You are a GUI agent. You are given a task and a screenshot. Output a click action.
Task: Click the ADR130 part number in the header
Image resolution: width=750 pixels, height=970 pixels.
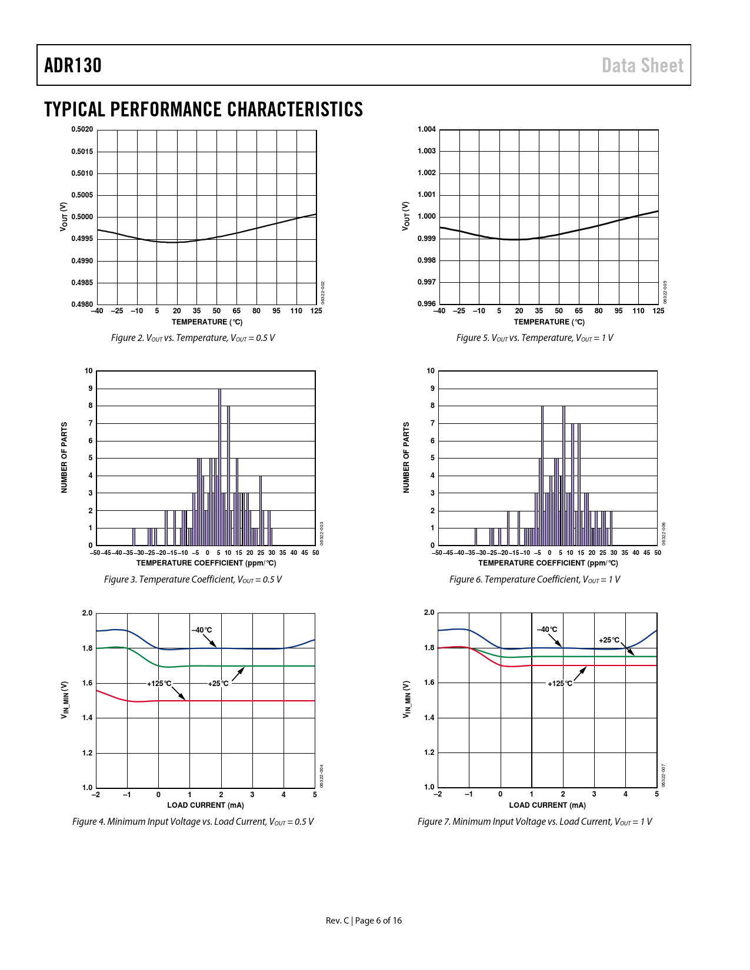(73, 65)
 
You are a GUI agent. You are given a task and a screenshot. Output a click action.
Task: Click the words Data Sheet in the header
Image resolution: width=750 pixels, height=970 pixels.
(642, 65)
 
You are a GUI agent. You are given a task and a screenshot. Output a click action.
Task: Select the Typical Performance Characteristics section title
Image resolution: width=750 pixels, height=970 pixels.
(204, 109)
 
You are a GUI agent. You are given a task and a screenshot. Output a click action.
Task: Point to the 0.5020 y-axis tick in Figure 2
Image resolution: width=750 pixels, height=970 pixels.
(82, 129)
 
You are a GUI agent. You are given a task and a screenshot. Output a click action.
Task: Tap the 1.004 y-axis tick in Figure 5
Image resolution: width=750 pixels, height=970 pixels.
(426, 129)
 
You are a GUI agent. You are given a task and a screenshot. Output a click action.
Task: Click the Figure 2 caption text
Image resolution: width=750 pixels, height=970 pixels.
(193, 338)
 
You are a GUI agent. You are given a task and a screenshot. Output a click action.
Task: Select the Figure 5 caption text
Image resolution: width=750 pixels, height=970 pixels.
(535, 338)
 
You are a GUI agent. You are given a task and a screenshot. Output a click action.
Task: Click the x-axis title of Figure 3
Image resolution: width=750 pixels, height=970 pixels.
(206, 563)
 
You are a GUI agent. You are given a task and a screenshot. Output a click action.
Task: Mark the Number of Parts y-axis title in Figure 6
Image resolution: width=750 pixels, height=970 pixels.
(406, 457)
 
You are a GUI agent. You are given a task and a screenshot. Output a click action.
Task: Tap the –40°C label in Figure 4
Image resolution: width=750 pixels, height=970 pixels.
(202, 630)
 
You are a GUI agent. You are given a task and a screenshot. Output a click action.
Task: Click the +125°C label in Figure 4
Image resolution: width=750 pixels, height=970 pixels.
(159, 684)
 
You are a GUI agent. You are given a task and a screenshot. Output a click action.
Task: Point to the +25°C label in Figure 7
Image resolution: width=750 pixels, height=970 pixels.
(609, 640)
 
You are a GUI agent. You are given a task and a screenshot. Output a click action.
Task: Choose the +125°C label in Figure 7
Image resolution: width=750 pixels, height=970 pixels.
(560, 684)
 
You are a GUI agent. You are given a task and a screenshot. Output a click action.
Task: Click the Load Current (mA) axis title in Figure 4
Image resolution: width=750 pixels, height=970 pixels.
(205, 805)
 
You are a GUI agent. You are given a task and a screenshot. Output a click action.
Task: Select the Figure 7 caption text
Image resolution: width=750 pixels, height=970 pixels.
(535, 822)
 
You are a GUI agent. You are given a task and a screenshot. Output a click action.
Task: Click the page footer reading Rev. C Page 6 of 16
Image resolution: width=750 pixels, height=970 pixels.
(364, 921)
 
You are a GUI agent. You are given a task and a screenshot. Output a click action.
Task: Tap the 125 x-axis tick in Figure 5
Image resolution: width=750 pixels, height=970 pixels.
(658, 311)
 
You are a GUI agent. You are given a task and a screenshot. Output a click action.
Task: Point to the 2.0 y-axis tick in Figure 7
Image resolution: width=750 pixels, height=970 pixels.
(429, 613)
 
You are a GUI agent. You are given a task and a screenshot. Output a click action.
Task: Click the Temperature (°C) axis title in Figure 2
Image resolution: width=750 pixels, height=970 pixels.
(207, 322)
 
